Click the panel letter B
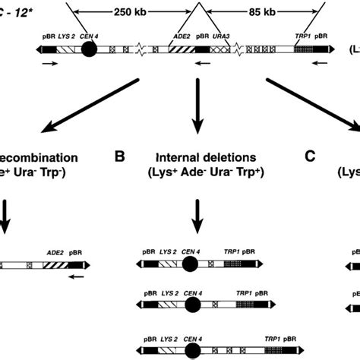tap(119, 157)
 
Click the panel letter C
tap(310, 157)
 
